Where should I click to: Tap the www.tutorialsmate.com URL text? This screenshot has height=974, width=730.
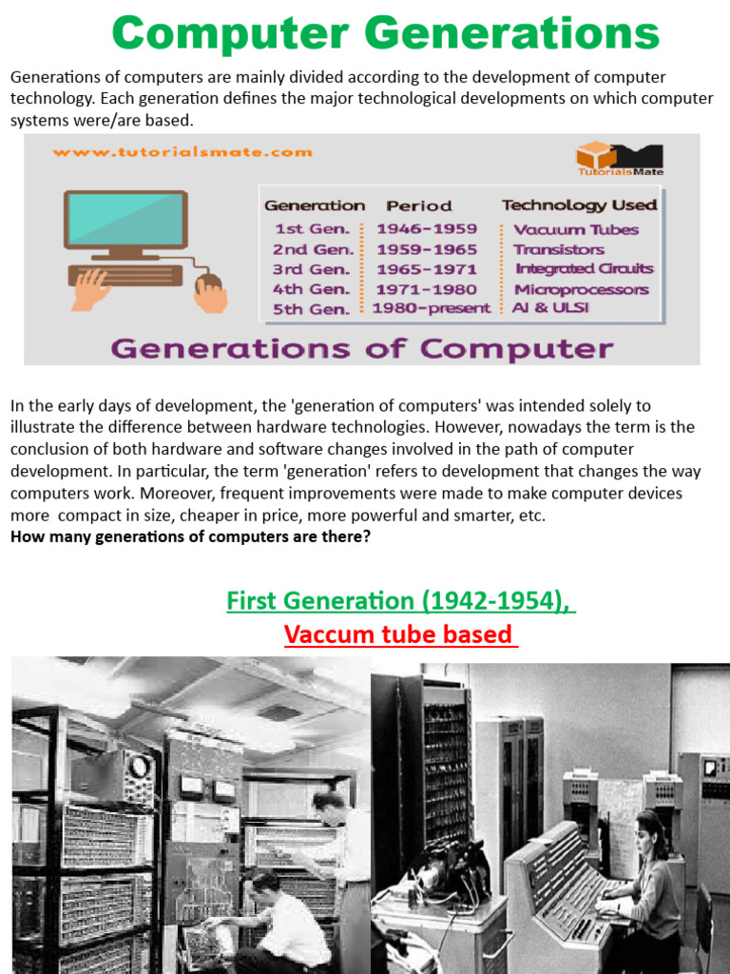coord(182,151)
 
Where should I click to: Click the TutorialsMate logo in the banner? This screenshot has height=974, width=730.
coord(619,158)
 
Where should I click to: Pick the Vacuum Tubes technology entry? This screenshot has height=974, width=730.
coord(576,229)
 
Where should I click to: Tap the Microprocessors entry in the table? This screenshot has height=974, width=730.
coord(581,289)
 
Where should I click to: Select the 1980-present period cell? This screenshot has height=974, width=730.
coord(432,308)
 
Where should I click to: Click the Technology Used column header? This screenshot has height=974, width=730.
coord(579,205)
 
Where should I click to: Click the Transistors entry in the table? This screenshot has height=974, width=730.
coord(558,249)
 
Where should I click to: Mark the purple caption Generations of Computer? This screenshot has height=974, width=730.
coord(362,348)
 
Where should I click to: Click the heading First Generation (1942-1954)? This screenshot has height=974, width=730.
coord(400,601)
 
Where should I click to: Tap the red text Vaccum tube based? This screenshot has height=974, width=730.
coord(400,633)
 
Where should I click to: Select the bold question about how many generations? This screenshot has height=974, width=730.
coord(190,536)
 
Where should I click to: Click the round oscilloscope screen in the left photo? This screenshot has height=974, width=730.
coord(140,767)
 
